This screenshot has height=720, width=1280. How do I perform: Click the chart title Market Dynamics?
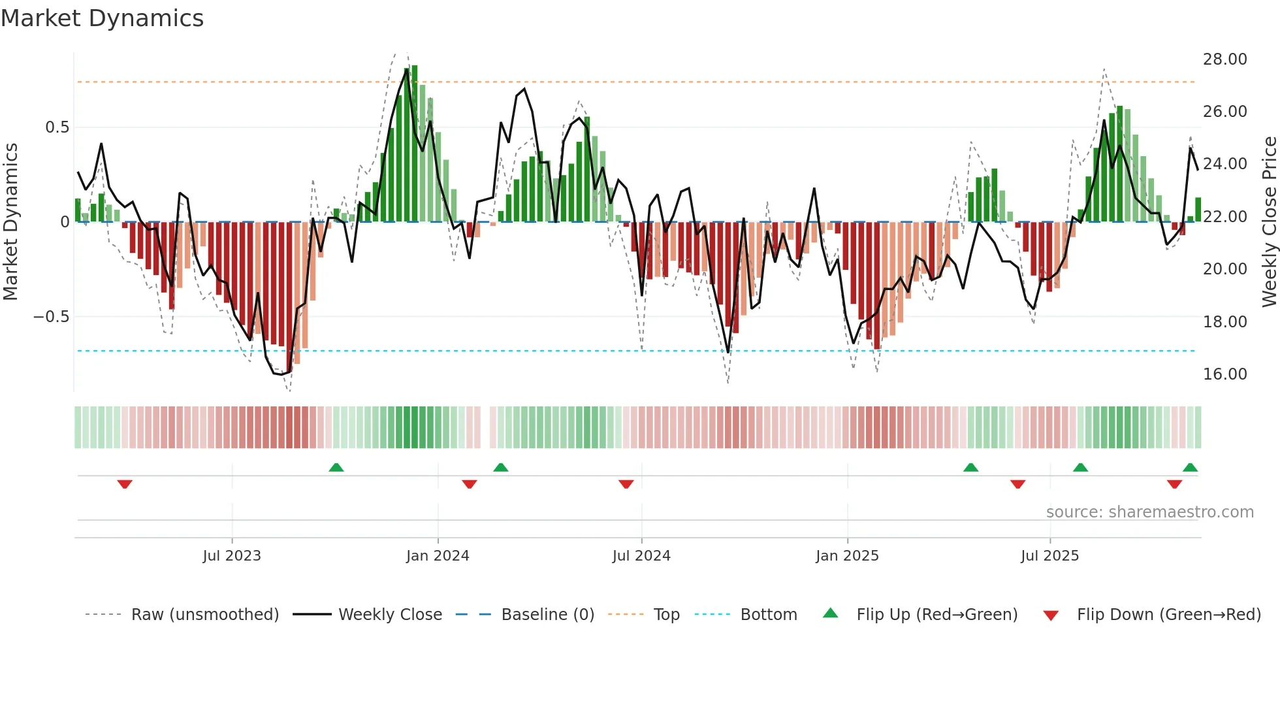pyautogui.click(x=102, y=18)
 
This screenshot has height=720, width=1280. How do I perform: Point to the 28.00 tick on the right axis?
pyautogui.click(x=1224, y=59)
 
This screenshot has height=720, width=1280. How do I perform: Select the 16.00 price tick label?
pyautogui.click(x=1224, y=374)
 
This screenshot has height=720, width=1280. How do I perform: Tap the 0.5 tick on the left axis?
pyautogui.click(x=57, y=127)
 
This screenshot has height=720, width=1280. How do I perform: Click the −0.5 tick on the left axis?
pyautogui.click(x=51, y=317)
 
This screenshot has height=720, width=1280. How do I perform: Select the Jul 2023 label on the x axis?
pyautogui.click(x=232, y=556)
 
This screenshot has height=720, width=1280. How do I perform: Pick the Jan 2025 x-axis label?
pyautogui.click(x=847, y=556)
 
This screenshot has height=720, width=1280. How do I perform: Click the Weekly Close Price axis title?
pyautogui.click(x=1269, y=222)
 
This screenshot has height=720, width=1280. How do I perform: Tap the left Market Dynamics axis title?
pyautogui.click(x=10, y=222)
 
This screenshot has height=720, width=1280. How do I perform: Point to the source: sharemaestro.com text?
pyautogui.click(x=1149, y=512)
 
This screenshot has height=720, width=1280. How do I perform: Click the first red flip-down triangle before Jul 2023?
pyautogui.click(x=125, y=484)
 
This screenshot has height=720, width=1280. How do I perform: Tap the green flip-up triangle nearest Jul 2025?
pyautogui.click(x=1080, y=467)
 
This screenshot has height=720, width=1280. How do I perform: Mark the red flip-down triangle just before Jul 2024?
pyautogui.click(x=626, y=484)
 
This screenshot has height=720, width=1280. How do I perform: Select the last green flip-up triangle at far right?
pyautogui.click(x=1190, y=467)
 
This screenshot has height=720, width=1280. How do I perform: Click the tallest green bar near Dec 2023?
pyautogui.click(x=414, y=144)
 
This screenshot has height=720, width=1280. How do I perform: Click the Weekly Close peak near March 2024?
pyautogui.click(x=524, y=90)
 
